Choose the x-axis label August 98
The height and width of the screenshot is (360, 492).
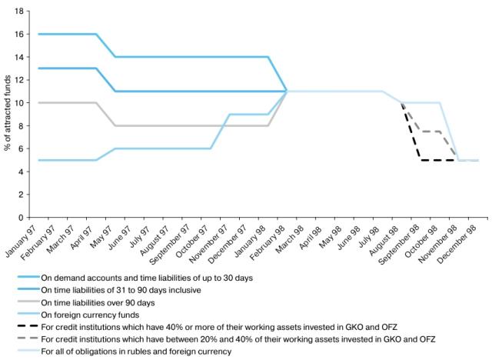pos(391,239)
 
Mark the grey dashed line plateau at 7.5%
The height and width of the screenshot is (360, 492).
pos(430,132)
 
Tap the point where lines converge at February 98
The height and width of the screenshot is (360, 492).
pos(287,92)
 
